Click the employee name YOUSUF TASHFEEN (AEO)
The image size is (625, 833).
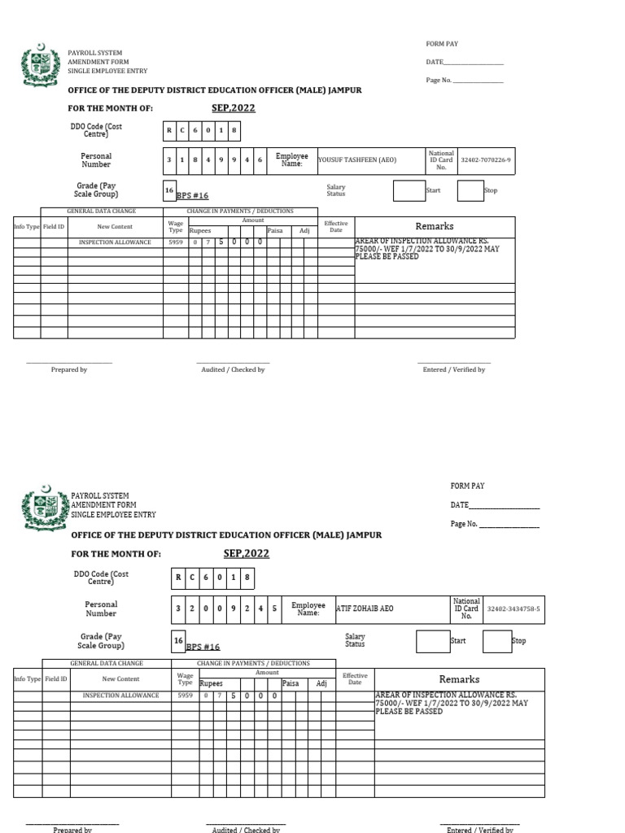click(x=357, y=160)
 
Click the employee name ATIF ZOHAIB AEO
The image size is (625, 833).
click(x=365, y=608)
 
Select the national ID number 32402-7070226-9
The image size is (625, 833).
click(x=486, y=160)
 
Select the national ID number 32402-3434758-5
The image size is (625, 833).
click(x=513, y=608)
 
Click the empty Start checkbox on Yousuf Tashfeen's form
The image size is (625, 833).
click(x=409, y=190)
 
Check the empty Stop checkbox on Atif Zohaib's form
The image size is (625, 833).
click(x=496, y=641)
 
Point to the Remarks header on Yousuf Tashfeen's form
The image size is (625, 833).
click(x=435, y=226)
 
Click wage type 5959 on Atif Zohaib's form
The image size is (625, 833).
click(x=186, y=696)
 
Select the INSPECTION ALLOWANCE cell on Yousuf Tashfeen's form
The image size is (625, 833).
click(x=115, y=242)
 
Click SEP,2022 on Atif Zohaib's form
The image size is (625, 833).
click(x=246, y=554)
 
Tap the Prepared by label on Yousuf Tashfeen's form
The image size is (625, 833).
click(x=69, y=370)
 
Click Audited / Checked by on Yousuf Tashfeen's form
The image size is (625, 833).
click(x=233, y=370)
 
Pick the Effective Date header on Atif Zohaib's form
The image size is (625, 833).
click(x=355, y=678)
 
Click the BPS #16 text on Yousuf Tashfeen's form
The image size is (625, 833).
click(x=192, y=196)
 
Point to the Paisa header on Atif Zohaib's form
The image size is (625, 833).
click(x=291, y=684)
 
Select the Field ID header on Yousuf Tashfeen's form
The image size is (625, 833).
click(x=55, y=227)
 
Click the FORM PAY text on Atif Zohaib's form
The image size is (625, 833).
click(x=467, y=486)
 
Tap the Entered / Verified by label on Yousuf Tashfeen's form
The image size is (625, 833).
click(x=453, y=370)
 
